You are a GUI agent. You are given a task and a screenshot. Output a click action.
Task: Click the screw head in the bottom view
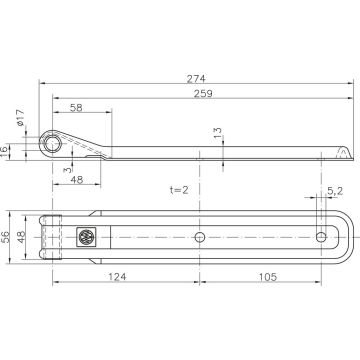tap(85, 236)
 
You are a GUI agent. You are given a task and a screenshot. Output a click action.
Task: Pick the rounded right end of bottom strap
tap(345, 236)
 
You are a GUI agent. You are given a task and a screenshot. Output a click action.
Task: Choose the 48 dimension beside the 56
tap(22, 236)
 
